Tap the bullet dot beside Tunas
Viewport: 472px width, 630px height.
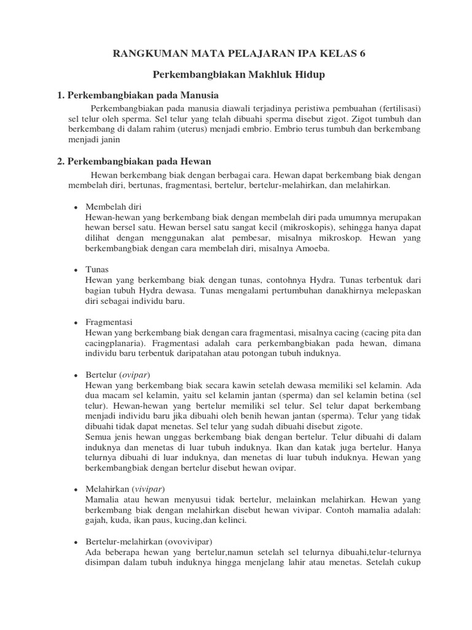pyautogui.click(x=75, y=270)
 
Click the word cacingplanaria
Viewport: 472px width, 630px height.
pyautogui.click(x=114, y=344)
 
